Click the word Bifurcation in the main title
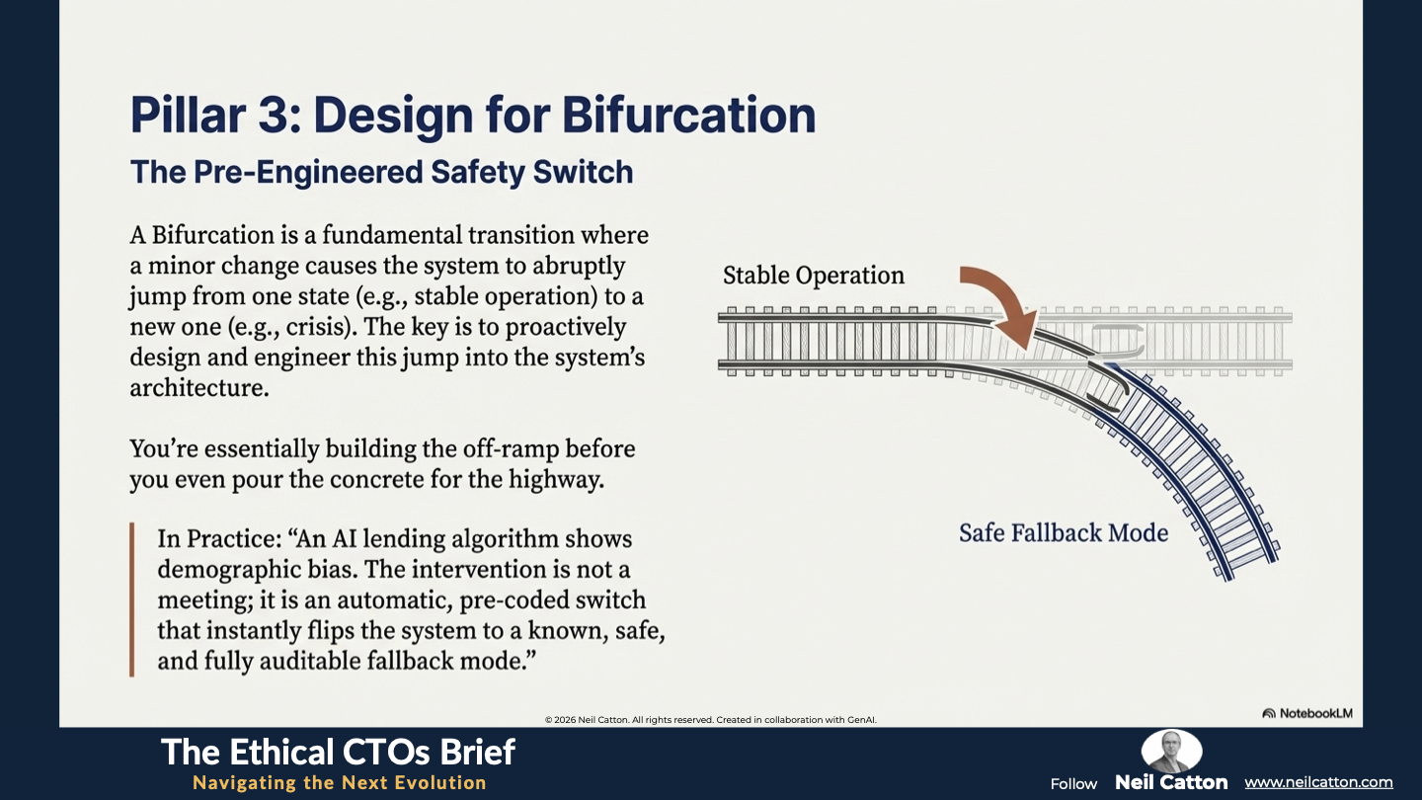point(689,115)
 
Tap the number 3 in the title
point(275,115)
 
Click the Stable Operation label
point(814,275)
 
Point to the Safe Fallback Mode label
point(1064,532)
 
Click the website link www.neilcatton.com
point(1318,782)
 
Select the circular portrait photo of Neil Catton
point(1171,751)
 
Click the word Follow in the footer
point(1073,784)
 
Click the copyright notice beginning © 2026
point(710,719)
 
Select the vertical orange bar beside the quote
point(132,600)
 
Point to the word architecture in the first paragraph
point(199,388)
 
